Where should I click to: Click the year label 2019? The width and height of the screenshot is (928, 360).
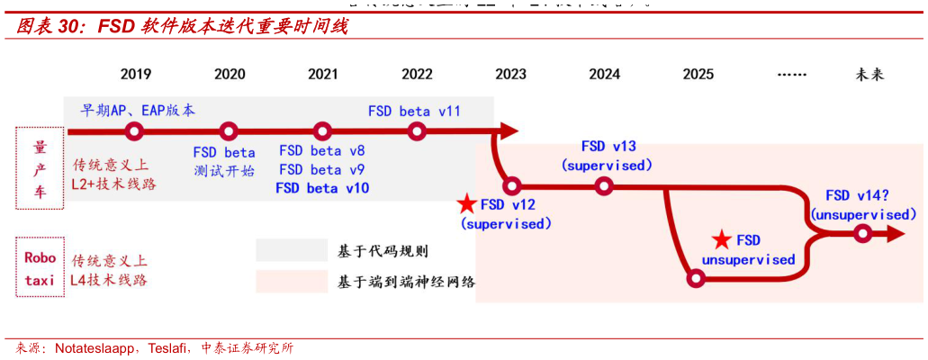(x=135, y=75)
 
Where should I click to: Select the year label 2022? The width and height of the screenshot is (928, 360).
(x=416, y=75)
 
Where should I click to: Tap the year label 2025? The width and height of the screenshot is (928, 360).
(x=698, y=75)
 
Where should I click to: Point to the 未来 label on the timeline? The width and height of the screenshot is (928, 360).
(x=869, y=75)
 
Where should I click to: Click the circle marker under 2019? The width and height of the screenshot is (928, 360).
(x=135, y=131)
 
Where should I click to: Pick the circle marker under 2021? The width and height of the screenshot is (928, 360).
(x=322, y=131)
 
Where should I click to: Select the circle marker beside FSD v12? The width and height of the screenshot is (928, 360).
(x=511, y=186)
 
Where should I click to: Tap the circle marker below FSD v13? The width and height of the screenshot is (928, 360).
(x=604, y=186)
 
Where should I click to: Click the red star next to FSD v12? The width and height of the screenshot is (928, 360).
(x=466, y=204)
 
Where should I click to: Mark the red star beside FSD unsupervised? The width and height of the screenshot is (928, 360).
(x=721, y=240)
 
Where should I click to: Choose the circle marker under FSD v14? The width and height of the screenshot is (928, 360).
(x=861, y=234)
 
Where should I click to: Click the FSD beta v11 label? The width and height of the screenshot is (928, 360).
(x=414, y=111)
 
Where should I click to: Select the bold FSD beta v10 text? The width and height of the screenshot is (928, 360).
(x=322, y=188)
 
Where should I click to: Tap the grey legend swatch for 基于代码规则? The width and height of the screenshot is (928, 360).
(x=291, y=250)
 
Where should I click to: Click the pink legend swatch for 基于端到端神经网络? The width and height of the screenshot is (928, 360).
(x=291, y=281)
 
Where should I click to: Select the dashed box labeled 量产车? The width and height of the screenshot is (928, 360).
(x=40, y=167)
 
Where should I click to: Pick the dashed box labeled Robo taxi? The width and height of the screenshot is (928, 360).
(x=40, y=267)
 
